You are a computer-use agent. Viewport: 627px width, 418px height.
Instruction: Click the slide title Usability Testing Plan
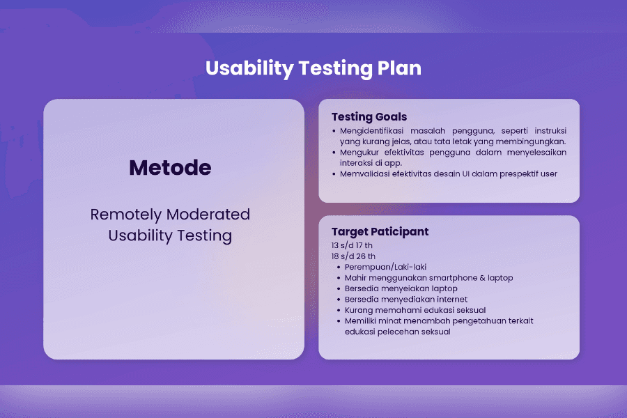pyautogui.click(x=313, y=68)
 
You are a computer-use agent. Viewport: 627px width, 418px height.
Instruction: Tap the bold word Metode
pyautogui.click(x=170, y=168)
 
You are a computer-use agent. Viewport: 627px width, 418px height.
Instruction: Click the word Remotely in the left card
pyautogui.click(x=125, y=215)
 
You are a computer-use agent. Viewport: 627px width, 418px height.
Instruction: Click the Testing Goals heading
pyautogui.click(x=369, y=117)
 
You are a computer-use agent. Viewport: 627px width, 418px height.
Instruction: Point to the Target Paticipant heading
pyautogui.click(x=380, y=231)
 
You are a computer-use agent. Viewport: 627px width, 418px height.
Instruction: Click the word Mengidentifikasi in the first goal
pyautogui.click(x=371, y=131)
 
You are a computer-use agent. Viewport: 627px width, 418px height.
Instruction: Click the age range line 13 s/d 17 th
pyautogui.click(x=352, y=245)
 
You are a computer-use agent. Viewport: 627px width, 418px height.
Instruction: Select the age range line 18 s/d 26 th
pyautogui.click(x=353, y=256)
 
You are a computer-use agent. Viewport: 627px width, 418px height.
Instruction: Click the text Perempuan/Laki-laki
pyautogui.click(x=385, y=267)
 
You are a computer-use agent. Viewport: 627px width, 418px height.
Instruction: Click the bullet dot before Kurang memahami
pyautogui.click(x=339, y=311)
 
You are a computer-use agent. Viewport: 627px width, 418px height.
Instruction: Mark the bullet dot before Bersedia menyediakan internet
pyautogui.click(x=339, y=300)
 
